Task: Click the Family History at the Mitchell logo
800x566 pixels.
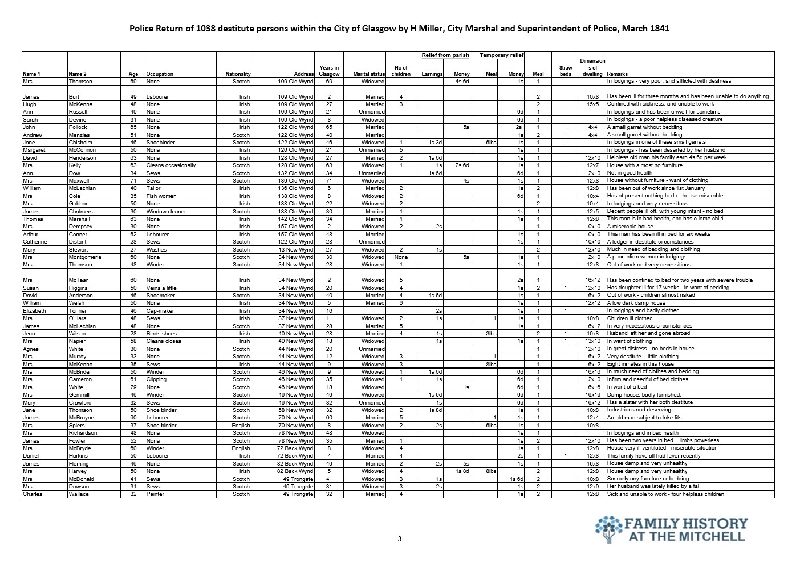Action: coord(671,529)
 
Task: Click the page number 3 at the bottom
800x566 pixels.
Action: coord(400,539)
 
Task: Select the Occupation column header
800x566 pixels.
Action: coord(160,74)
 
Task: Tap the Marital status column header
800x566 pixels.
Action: coord(369,74)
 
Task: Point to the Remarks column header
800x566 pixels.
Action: coord(618,74)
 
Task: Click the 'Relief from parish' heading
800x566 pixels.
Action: coord(445,55)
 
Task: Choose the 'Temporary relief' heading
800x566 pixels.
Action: coord(501,55)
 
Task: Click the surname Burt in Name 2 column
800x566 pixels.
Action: coord(74,97)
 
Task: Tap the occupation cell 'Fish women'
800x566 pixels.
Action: coord(161,196)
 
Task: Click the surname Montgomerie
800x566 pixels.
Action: coord(84,257)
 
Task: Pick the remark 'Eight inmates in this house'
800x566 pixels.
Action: coord(640,364)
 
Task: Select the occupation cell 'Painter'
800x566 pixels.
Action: coord(155,494)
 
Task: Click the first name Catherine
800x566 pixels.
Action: coord(35,242)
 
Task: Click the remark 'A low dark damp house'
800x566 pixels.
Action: coord(636,303)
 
